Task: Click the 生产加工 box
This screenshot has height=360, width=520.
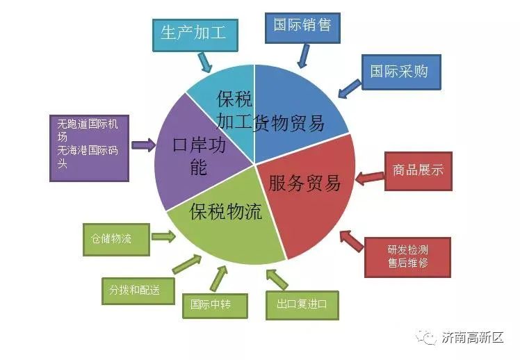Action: point(195,35)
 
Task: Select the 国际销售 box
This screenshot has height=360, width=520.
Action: point(302,28)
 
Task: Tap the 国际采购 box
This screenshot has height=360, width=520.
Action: point(401,72)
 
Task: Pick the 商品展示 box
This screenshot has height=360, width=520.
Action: point(419,171)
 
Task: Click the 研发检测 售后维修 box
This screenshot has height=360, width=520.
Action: point(407,257)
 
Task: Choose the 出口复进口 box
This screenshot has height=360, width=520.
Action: point(302,305)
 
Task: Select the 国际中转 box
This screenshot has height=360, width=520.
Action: point(215,306)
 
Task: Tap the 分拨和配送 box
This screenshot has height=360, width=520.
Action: point(138,291)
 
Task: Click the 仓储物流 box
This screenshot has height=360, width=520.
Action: point(116,239)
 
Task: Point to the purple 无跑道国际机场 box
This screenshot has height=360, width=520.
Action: point(89,148)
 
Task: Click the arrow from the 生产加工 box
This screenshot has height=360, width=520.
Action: point(205,62)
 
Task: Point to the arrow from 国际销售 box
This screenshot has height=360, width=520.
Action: point(303,56)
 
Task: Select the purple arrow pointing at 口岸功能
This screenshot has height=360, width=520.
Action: point(144,145)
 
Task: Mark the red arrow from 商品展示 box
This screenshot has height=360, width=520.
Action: point(370,179)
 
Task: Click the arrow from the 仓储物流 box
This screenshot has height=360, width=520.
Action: point(164,236)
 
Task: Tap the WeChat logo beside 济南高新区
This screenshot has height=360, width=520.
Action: point(426,337)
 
